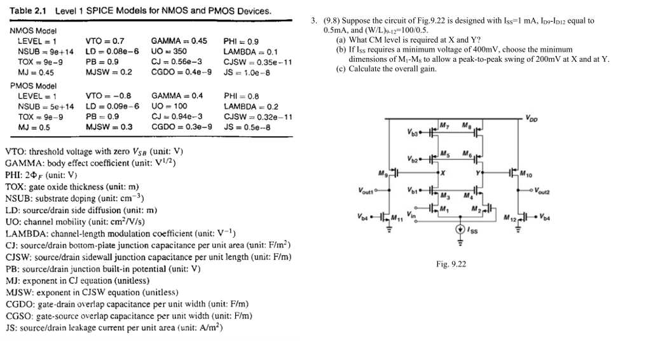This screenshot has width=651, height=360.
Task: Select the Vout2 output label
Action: tap(545, 190)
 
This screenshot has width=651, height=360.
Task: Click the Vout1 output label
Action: tap(367, 190)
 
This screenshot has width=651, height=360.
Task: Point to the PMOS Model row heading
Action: tap(34, 85)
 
